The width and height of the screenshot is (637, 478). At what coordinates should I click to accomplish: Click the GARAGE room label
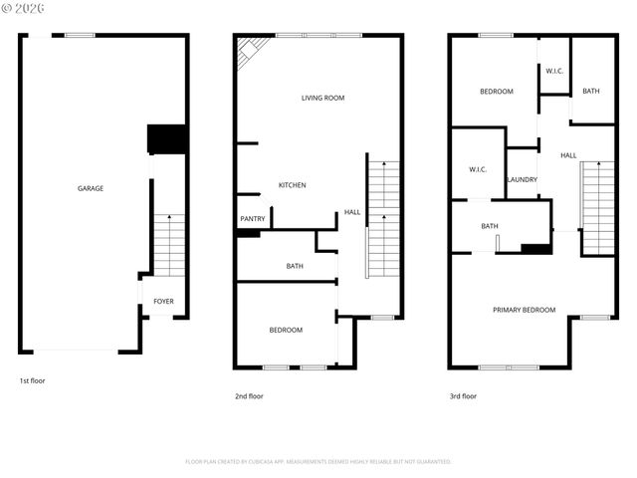pyautogui.click(x=91, y=188)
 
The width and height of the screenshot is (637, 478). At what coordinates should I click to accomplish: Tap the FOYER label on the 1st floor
pyautogui.click(x=163, y=301)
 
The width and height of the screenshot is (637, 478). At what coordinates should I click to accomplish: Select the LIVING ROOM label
pyautogui.click(x=322, y=98)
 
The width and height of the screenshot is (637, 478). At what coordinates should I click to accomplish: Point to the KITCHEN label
pyautogui.click(x=292, y=185)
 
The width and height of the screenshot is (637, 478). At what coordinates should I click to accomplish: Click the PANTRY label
pyautogui.click(x=252, y=219)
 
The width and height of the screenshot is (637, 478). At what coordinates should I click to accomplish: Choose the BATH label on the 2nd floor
pyautogui.click(x=295, y=266)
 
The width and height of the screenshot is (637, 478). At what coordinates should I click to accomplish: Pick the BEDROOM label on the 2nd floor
pyautogui.click(x=286, y=330)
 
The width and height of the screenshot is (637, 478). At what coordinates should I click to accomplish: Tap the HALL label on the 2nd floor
pyautogui.click(x=352, y=212)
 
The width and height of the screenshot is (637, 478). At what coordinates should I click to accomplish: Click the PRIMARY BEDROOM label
pyautogui.click(x=524, y=310)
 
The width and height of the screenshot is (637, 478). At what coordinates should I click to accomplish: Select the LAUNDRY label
pyautogui.click(x=522, y=180)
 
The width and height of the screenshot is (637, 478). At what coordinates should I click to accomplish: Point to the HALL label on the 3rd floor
pyautogui.click(x=568, y=155)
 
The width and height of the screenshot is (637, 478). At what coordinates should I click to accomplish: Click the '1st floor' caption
pyautogui.click(x=32, y=380)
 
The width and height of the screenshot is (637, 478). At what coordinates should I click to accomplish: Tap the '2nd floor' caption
pyautogui.click(x=249, y=396)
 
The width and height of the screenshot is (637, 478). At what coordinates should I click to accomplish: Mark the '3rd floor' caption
pyautogui.click(x=463, y=396)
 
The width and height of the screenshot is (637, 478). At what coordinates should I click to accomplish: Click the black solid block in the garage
pyautogui.click(x=166, y=138)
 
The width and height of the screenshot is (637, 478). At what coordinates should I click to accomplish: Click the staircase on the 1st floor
pyautogui.click(x=169, y=245)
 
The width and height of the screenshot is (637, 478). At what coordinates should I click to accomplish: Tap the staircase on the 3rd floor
pyautogui.click(x=598, y=207)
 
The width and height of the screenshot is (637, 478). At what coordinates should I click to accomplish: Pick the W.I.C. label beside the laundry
pyautogui.click(x=478, y=169)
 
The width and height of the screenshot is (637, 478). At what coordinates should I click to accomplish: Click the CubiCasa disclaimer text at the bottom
pyautogui.click(x=318, y=462)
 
